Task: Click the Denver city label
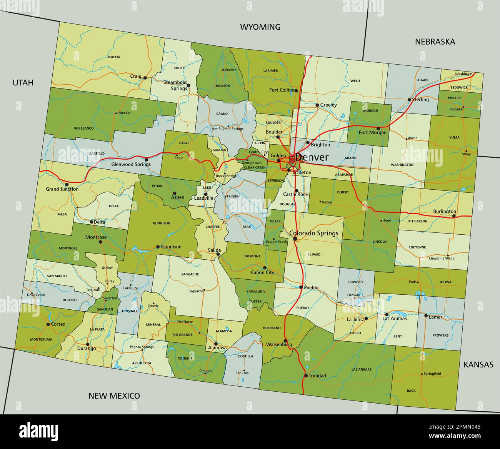[x=312, y=157]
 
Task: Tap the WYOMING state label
[x=260, y=27]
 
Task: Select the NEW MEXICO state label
[x=114, y=396]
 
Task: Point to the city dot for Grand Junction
[x=67, y=184]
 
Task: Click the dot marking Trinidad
[x=306, y=376]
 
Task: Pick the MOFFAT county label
[x=114, y=57]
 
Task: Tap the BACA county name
[x=411, y=391]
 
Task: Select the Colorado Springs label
[x=313, y=233]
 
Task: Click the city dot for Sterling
[x=409, y=99]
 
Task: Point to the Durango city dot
[x=88, y=344]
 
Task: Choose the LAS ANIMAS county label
[x=362, y=369]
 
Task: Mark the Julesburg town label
[x=462, y=74]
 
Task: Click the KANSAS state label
[x=478, y=364]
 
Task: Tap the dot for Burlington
[x=454, y=216]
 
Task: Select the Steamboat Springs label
[x=175, y=85]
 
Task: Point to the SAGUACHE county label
[x=190, y=274]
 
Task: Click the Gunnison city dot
[x=158, y=247]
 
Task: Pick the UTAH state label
[x=23, y=82]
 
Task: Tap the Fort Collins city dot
[x=296, y=91]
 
